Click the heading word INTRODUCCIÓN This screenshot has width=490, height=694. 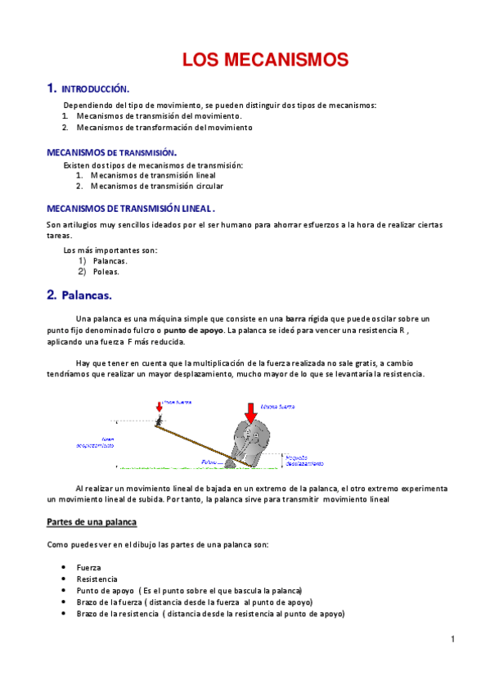96,88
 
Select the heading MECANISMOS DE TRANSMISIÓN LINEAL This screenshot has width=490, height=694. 131,208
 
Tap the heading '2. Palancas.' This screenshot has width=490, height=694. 79,294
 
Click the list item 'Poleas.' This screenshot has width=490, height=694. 106,272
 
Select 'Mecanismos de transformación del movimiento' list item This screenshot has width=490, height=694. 164,128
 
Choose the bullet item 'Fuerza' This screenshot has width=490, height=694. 89,567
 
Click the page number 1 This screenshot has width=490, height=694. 452,638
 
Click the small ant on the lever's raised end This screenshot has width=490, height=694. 159,419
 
